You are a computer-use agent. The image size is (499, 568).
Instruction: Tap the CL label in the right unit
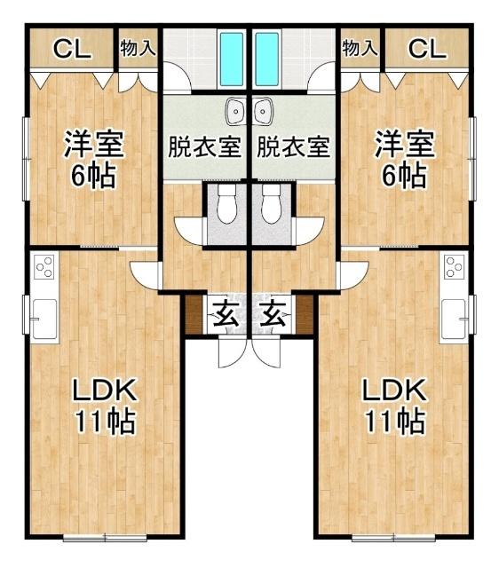pyautogui.click(x=427, y=50)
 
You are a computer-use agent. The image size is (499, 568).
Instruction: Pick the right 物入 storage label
pyautogui.click(x=360, y=48)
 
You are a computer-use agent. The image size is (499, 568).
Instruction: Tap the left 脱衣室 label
pyautogui.click(x=204, y=146)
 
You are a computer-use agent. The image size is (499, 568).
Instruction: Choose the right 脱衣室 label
pyautogui.click(x=294, y=146)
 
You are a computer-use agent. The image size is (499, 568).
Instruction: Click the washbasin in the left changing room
pyautogui.click(x=235, y=112)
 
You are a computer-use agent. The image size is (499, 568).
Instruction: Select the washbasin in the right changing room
pyautogui.click(x=263, y=112)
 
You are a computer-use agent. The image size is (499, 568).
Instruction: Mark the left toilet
pyautogui.click(x=226, y=206)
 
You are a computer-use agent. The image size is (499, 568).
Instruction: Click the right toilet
pyautogui.click(x=271, y=206)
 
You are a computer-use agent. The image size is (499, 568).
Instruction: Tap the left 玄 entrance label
pyautogui.click(x=226, y=313)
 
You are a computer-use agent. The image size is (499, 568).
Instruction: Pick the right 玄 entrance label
pyautogui.click(x=273, y=313)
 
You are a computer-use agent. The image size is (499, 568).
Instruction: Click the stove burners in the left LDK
pyautogui.click(x=44, y=266)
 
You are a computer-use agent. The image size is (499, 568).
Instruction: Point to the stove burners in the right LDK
pyautogui.click(x=455, y=266)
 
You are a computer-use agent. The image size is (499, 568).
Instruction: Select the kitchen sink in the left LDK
pyautogui.click(x=44, y=318)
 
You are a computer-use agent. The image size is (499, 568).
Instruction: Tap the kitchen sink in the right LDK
pyautogui.click(x=455, y=318)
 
